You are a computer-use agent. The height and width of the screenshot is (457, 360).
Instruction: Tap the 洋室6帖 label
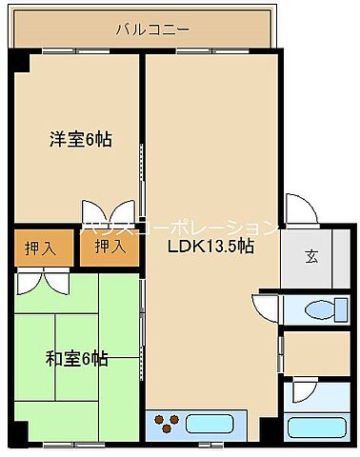80,140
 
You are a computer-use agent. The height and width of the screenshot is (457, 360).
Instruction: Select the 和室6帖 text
76,359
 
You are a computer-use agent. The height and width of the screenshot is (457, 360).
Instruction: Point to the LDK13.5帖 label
210,246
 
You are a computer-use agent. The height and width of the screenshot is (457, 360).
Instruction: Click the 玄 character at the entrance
312,255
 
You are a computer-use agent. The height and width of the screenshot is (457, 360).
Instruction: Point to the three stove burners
165,422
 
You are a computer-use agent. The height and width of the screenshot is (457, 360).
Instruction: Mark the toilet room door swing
264,305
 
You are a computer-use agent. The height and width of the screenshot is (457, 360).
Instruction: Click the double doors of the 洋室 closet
108,212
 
